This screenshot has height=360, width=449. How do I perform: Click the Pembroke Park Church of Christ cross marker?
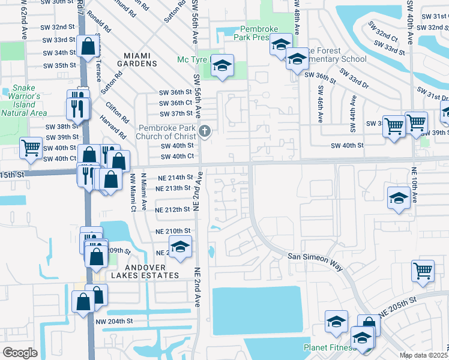[x=205, y=131]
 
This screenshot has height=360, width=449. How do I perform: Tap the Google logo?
[x=20, y=353]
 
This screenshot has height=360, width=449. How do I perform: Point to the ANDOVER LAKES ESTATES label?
[x=144, y=275]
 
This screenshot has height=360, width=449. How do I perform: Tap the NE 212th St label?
[x=173, y=210]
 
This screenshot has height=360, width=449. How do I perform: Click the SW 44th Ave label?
[x=352, y=118]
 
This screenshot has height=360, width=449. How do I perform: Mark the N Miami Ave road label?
[x=143, y=192]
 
